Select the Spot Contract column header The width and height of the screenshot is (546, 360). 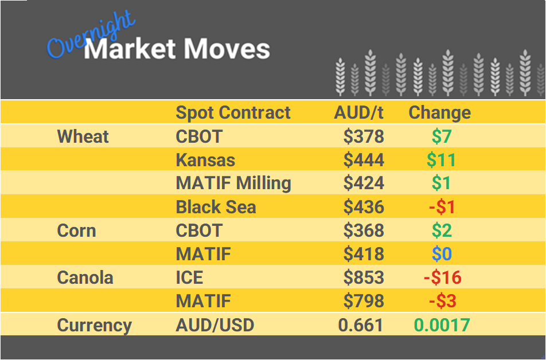(233, 113)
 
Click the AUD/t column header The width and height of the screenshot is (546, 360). (358, 113)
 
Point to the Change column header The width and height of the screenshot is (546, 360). (439, 113)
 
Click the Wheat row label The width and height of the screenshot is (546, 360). (83, 136)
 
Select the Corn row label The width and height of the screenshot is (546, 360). (76, 230)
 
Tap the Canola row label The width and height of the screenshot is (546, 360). (85, 277)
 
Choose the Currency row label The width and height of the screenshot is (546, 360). (95, 325)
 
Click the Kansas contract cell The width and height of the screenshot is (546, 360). (205, 160)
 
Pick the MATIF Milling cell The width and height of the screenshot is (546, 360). (233, 183)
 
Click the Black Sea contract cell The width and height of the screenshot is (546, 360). (216, 207)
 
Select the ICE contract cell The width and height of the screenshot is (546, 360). (189, 277)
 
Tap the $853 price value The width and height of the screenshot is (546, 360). (364, 277)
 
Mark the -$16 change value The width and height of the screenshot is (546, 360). (442, 277)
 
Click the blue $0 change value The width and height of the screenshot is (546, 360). (441, 254)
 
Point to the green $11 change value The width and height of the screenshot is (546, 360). (441, 160)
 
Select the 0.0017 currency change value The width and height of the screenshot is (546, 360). (442, 325)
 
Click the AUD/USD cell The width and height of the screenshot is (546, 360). (214, 325)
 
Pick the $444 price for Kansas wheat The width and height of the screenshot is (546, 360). (364, 160)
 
